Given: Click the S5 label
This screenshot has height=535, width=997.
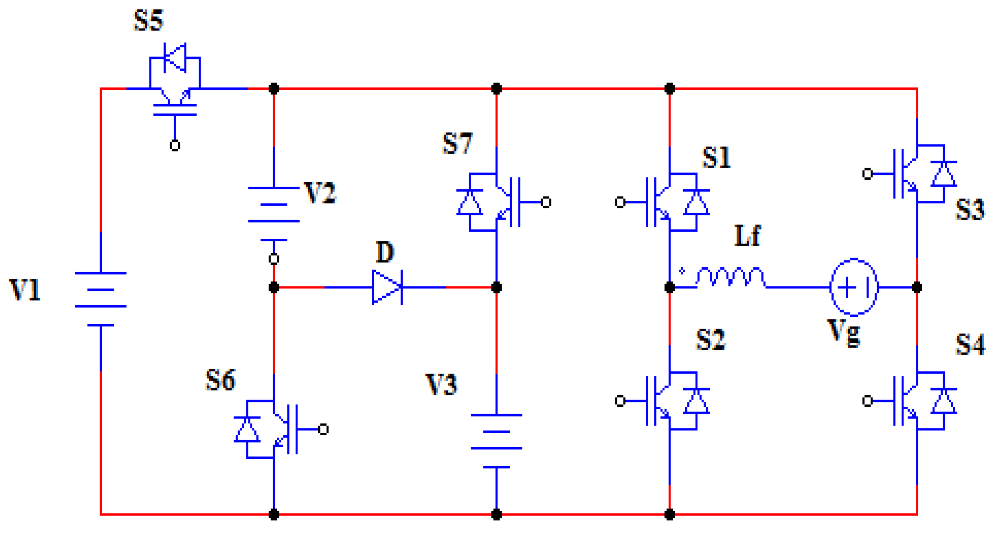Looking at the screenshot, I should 148,21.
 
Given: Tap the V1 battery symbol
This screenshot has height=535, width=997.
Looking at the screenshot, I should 101,299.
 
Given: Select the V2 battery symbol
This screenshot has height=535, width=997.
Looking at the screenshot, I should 274,214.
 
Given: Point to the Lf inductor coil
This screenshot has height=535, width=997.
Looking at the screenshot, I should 730,278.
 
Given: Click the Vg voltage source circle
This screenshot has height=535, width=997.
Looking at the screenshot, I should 854,287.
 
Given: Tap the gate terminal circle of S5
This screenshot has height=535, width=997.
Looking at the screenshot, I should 175,145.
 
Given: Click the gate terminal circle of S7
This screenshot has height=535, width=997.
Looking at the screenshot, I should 546,202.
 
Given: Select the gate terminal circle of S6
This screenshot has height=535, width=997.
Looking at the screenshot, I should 323,429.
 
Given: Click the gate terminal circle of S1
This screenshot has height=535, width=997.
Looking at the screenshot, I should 620,202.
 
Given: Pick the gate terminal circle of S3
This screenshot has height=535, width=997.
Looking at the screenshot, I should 867,173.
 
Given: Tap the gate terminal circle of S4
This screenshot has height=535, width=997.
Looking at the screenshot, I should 867,401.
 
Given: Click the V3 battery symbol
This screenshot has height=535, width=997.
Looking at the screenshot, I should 496,441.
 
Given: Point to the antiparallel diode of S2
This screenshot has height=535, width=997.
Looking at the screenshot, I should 696,401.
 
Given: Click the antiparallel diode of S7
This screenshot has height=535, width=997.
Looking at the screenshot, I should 470,202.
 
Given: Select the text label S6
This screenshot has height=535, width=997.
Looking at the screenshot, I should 220,380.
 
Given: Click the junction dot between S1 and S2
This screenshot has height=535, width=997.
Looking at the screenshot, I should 669,287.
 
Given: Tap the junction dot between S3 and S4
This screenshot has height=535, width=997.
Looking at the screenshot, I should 917,287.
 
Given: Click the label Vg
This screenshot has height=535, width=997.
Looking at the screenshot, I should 844,332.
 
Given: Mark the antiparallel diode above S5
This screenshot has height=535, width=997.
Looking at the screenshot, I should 175,57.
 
